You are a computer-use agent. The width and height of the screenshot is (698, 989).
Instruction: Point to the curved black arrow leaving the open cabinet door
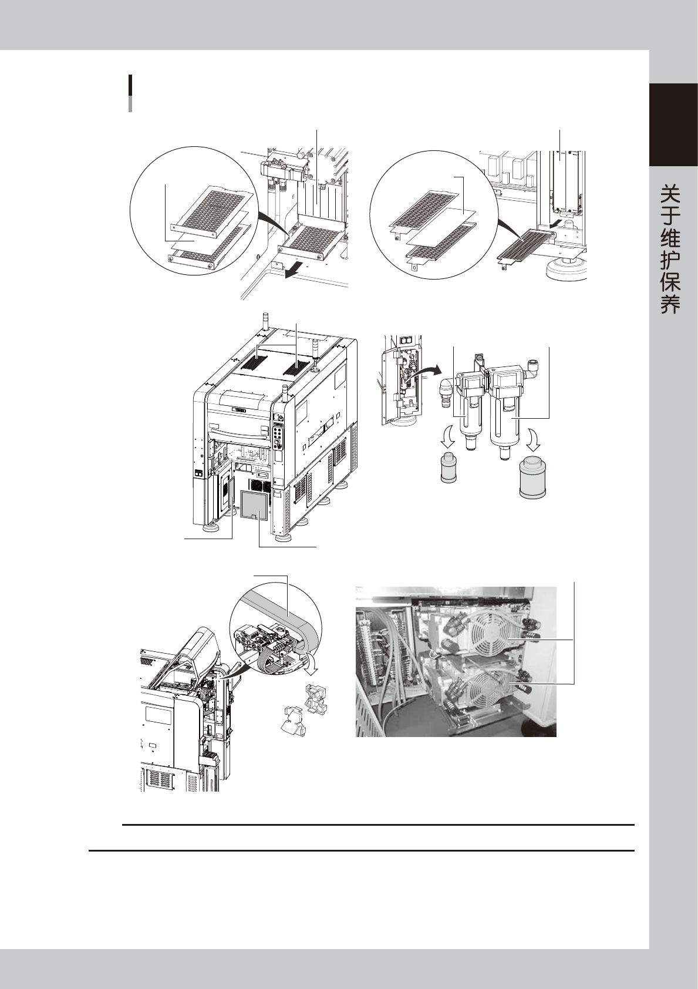pos(424,371)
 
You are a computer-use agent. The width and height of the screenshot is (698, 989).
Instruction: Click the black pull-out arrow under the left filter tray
pos(294,270)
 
